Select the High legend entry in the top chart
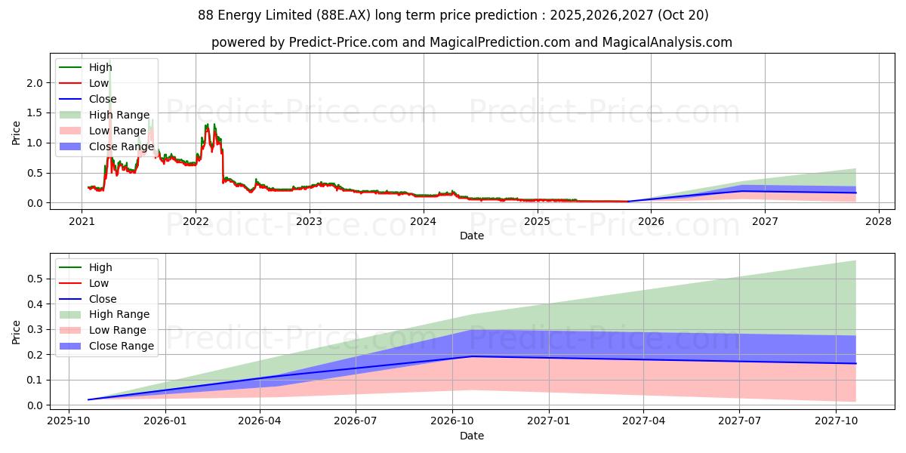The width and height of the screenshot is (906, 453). (100, 67)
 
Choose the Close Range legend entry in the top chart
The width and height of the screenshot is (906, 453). (121, 146)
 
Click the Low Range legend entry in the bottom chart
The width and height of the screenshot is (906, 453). (118, 330)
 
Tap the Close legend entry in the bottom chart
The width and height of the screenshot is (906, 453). (103, 298)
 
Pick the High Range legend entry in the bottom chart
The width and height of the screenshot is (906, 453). (119, 314)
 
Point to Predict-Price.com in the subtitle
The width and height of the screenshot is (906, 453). (344, 42)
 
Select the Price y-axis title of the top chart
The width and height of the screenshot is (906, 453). (17, 133)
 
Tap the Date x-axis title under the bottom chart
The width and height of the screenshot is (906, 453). (472, 436)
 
